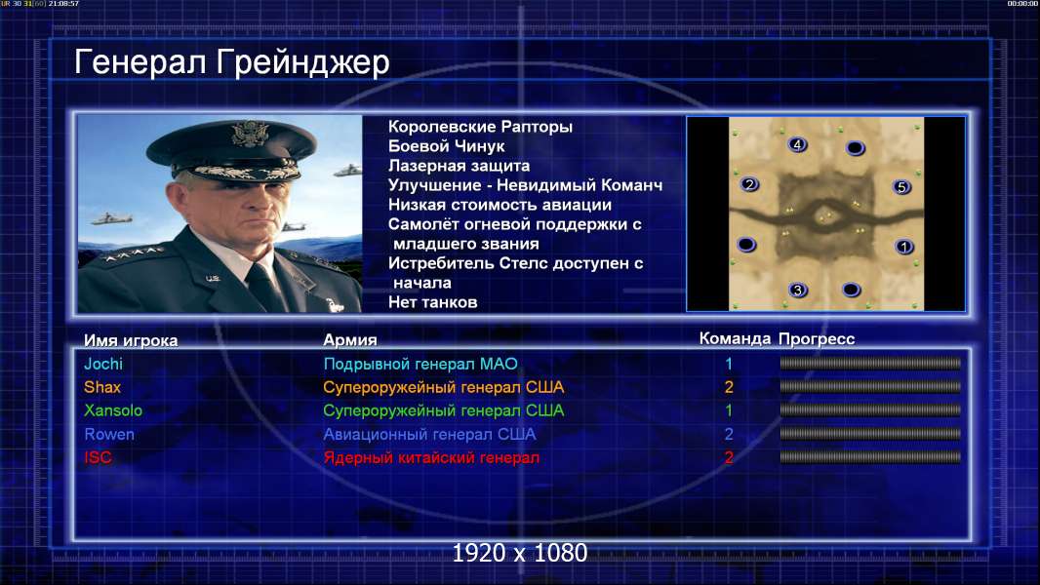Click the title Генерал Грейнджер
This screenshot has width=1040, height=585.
click(x=231, y=63)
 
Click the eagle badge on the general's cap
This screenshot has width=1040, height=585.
click(x=250, y=134)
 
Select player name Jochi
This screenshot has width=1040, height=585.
click(x=103, y=364)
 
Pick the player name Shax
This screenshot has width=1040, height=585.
click(x=102, y=387)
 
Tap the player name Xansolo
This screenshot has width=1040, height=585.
click(x=113, y=410)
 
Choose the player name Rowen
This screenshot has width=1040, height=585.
click(x=109, y=434)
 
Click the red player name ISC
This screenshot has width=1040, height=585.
click(x=98, y=458)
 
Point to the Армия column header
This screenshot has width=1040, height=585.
click(x=350, y=340)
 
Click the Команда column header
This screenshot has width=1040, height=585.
click(x=735, y=339)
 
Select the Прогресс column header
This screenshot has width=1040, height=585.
click(x=817, y=339)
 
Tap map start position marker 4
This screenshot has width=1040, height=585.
click(x=797, y=144)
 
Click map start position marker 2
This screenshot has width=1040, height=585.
click(x=749, y=184)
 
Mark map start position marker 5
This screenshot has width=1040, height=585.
click(x=901, y=187)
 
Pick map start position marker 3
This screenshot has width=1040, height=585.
click(x=798, y=290)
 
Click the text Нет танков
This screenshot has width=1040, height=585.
click(x=432, y=303)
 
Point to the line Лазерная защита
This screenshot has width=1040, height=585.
click(x=459, y=166)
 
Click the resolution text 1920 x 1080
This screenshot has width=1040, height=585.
click(x=520, y=553)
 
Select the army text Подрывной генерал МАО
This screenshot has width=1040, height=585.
click(x=420, y=364)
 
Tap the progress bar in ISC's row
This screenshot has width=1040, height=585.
click(x=870, y=457)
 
